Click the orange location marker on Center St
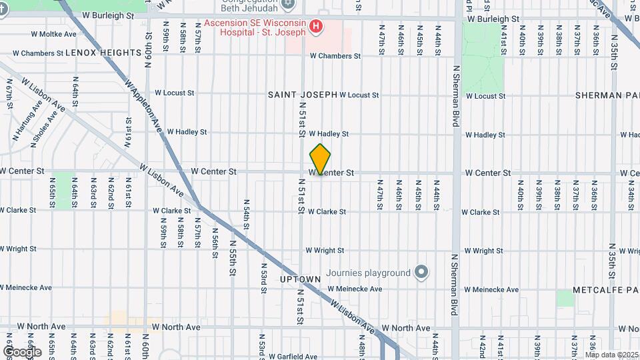coord(320,159)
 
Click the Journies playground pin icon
coord(421,272)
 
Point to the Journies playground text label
coord(377,273)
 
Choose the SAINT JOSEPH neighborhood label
coord(303,95)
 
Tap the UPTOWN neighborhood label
coord(301,279)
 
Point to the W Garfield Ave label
coord(294,356)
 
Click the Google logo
coord(22,352)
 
